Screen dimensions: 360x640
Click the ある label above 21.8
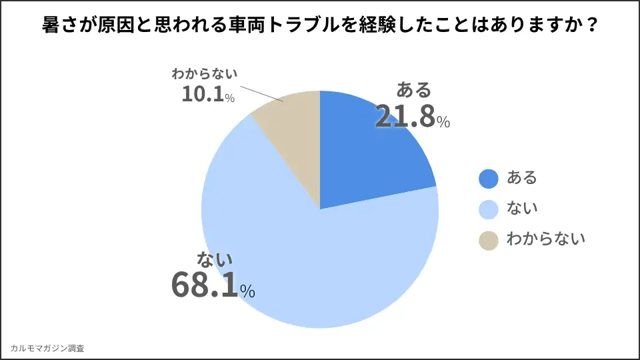coord(414,90)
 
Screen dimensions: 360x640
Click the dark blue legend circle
coord(489,178)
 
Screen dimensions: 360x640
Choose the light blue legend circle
coord(489,209)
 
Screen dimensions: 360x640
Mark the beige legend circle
coord(489,240)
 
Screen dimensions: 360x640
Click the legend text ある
coord(521,178)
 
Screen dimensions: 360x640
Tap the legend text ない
coord(521,209)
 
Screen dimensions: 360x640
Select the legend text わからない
coord(545,240)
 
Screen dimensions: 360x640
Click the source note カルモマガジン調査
coord(47,348)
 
